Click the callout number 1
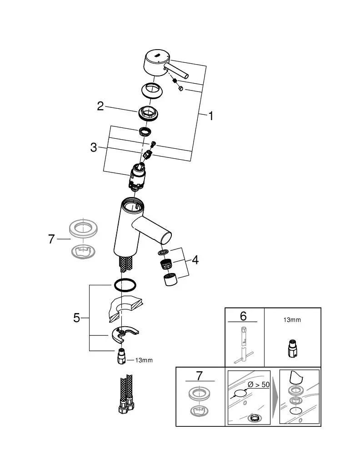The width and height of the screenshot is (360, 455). click(x=210, y=116)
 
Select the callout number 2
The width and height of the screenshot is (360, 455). click(x=100, y=106)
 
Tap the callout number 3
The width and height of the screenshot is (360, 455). click(x=94, y=147)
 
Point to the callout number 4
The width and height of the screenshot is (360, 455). click(x=195, y=260)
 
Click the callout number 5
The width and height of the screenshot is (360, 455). click(x=77, y=318)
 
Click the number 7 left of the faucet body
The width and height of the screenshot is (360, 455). click(x=51, y=238)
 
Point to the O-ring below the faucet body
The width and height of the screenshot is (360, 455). click(x=124, y=285)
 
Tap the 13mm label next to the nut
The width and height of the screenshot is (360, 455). click(x=144, y=360)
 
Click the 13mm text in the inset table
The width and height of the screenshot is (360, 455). click(x=291, y=320)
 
